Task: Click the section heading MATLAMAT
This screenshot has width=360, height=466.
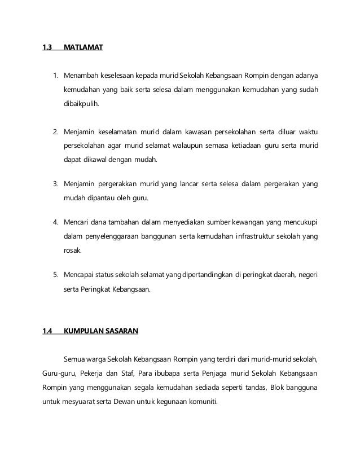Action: pos(82,48)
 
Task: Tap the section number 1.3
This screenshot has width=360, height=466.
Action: pos(47,48)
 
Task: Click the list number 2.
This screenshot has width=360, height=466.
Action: pos(55,132)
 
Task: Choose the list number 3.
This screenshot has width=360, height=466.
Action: pos(55,183)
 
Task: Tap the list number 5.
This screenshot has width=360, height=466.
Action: pos(55,276)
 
